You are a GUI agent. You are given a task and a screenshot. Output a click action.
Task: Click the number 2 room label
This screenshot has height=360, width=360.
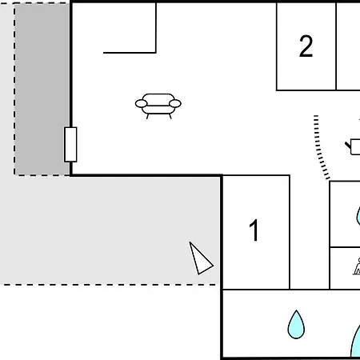[306, 46]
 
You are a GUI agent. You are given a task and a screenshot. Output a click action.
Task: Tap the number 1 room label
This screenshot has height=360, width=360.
[254, 230]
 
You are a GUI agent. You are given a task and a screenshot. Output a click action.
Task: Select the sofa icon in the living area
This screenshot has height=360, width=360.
[158, 106]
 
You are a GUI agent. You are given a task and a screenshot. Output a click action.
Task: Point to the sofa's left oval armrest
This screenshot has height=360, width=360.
[141, 103]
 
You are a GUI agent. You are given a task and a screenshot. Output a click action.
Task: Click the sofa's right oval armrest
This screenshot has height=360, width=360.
[175, 103]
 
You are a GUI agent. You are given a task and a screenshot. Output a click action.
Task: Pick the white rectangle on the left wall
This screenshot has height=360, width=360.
[70, 145]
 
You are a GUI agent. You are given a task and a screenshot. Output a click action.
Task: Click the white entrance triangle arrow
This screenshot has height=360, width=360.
[200, 258]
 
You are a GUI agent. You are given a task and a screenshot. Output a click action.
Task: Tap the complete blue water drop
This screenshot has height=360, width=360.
[296, 324]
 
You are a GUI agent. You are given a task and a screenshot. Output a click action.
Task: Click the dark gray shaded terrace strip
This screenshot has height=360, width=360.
[42, 89]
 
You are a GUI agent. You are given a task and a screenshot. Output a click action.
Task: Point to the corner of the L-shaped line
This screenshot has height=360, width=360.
[156, 53]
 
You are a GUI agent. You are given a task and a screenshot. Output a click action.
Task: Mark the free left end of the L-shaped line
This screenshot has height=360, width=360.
[103, 53]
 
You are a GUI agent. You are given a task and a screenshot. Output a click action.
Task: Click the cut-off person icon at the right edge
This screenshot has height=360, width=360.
[357, 266]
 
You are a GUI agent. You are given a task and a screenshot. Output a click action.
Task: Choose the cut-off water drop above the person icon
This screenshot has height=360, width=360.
[358, 216]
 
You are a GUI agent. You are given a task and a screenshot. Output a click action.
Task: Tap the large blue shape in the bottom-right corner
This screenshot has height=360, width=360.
[356, 343]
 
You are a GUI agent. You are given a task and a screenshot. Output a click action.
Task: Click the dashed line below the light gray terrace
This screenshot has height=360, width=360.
[110, 285]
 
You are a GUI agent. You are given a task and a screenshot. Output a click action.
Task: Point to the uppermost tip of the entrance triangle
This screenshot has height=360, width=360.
[190, 242]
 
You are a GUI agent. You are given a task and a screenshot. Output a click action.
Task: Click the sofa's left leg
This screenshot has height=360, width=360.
[147, 116]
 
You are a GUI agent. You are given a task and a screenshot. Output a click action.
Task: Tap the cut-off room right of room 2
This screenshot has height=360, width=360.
[348, 46]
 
